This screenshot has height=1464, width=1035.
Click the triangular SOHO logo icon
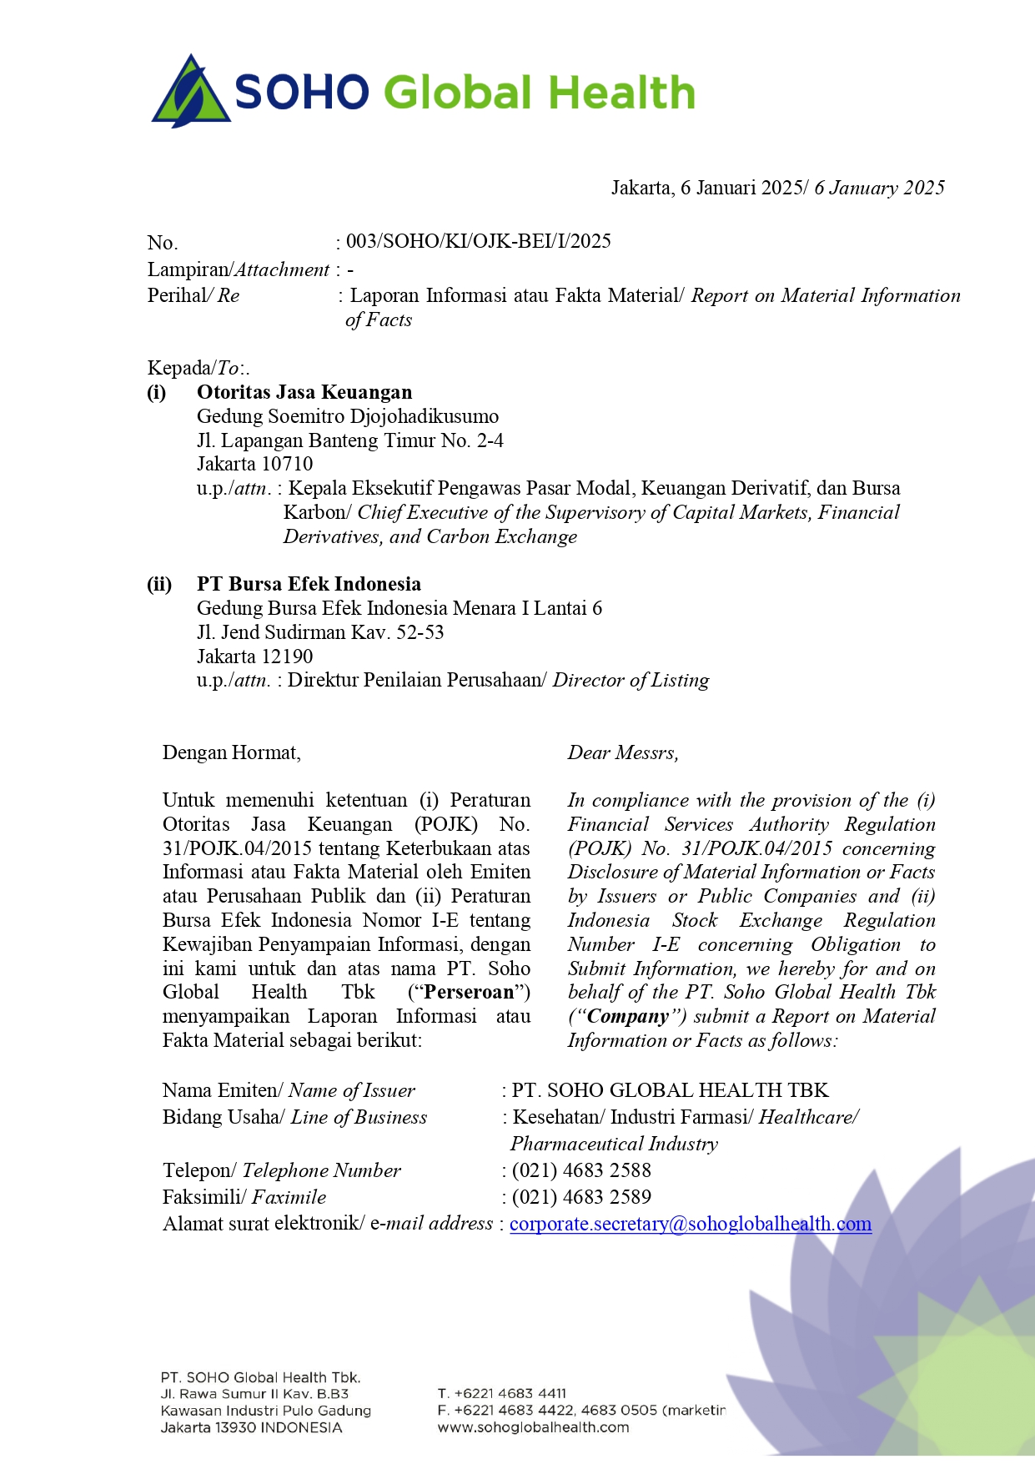191,92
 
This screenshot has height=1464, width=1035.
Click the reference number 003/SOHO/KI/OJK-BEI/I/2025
478,242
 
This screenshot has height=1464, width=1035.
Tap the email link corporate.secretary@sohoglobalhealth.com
690,1224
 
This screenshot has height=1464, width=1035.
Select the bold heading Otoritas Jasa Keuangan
304,392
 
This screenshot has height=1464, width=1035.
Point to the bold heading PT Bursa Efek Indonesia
309,584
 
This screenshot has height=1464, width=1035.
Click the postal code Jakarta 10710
255,464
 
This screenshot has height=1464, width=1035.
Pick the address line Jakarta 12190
255,657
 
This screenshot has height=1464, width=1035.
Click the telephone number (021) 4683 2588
581,1170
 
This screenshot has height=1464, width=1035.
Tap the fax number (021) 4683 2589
581,1197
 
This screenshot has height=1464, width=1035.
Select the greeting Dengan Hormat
231,752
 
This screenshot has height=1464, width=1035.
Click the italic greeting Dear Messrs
623,752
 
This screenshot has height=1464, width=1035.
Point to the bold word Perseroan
469,992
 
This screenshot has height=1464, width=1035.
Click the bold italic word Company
628,1016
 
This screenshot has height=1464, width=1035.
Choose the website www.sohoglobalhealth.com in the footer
533,1427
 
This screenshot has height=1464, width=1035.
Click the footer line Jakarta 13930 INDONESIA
251,1427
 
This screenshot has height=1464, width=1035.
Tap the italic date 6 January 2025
879,188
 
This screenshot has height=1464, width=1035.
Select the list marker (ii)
159,584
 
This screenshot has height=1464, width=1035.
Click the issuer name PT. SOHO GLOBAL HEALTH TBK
670,1090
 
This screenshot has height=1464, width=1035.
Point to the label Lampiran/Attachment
239,269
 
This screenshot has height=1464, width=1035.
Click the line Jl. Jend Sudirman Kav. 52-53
320,632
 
